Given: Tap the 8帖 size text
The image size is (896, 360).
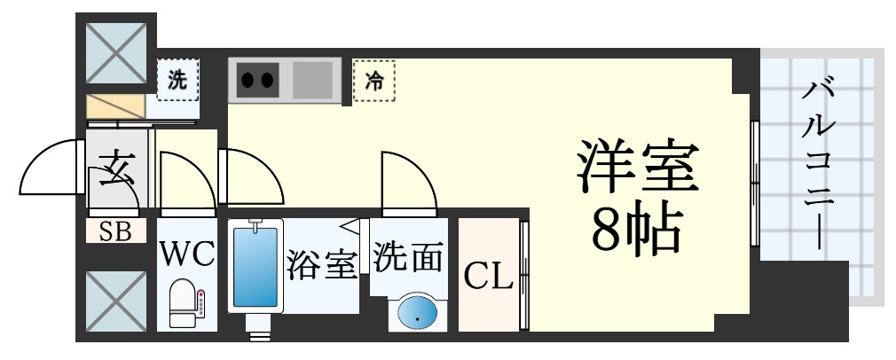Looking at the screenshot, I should (x=637, y=229).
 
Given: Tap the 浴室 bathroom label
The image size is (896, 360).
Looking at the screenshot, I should (x=321, y=264).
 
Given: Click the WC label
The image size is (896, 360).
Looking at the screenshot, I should (x=187, y=255).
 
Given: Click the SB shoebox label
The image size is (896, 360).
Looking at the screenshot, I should (x=115, y=232).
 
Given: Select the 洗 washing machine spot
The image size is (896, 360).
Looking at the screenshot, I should (x=178, y=79).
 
